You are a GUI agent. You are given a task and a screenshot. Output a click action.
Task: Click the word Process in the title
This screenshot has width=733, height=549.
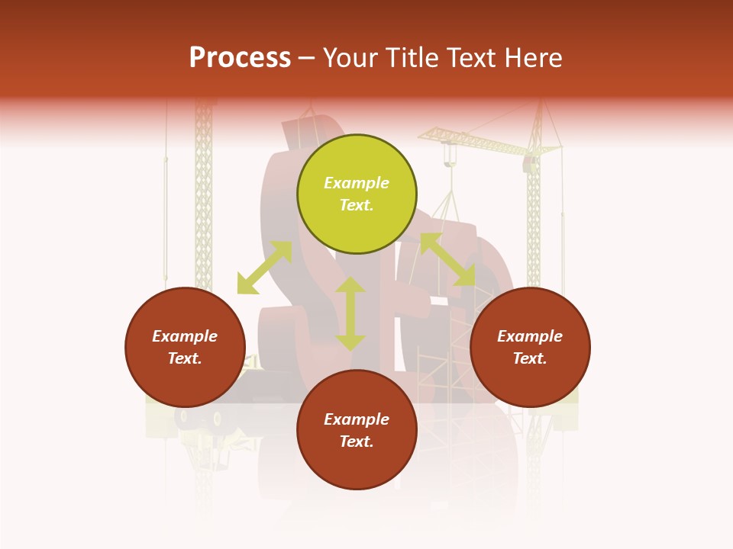(x=240, y=58)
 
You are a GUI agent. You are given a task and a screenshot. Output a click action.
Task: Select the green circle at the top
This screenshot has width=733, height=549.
(x=357, y=194)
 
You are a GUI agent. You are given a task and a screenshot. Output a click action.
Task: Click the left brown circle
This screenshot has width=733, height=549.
(x=185, y=347)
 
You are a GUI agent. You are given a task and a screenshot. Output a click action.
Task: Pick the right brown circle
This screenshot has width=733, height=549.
(x=530, y=347)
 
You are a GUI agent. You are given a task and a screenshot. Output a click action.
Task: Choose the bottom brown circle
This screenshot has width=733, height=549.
(x=357, y=430)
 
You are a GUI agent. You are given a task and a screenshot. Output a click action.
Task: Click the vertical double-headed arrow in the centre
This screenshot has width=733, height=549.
(x=350, y=313)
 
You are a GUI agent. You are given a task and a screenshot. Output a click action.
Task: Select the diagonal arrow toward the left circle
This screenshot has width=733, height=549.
(x=264, y=268)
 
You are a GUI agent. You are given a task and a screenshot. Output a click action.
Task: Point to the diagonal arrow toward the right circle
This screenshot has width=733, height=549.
(x=447, y=260)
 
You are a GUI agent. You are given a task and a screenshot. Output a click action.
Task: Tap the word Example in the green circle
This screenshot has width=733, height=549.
(x=357, y=183)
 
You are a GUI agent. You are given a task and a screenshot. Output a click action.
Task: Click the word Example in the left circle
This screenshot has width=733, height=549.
(x=185, y=336)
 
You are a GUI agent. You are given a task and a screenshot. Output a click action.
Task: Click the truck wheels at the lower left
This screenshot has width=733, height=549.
(x=200, y=418)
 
